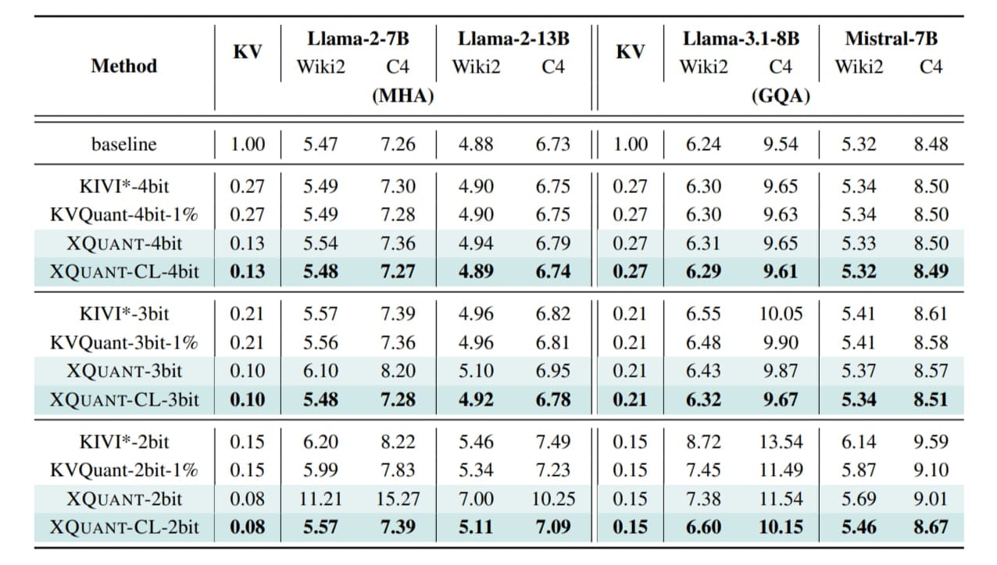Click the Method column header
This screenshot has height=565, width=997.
coord(123,66)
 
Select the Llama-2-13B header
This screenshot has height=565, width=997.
coord(513,38)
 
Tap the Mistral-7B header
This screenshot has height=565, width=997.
coord(891,38)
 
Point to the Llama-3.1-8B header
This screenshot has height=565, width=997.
coord(741,38)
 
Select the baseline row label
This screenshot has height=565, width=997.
coord(123,144)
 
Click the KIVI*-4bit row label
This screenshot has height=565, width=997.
coord(123,187)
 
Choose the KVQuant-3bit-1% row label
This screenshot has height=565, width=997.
coord(123,342)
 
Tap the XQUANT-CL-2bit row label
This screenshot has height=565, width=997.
coord(123,527)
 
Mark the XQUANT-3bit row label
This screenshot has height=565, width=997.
coord(123,370)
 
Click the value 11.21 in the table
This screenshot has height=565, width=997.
coord(320,499)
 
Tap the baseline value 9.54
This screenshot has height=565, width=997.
coord(780,144)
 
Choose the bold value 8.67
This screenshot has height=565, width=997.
coord(930,527)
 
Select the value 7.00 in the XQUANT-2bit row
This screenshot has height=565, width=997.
coord(475,499)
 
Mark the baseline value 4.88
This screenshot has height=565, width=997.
coord(475,144)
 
